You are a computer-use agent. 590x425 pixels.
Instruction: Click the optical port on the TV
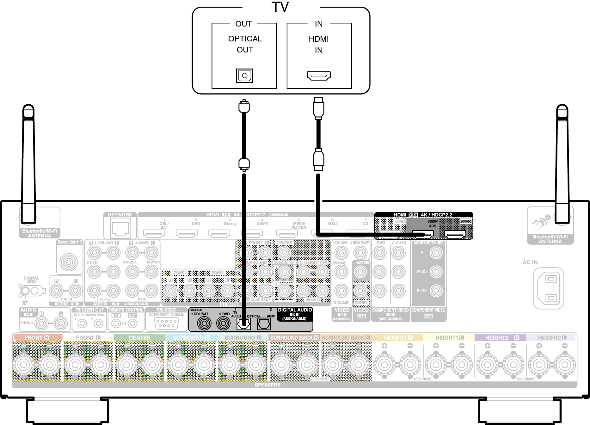click(244, 76)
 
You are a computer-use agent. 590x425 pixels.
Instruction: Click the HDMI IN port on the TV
click(319, 76)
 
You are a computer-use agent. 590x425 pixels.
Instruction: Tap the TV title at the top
click(280, 7)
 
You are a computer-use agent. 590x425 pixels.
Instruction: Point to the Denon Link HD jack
click(69, 262)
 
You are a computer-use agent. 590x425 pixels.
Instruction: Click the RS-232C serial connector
click(166, 323)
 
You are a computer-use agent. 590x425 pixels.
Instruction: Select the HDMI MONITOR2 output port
click(455, 234)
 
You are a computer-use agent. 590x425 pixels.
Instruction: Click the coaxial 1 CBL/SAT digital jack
click(204, 323)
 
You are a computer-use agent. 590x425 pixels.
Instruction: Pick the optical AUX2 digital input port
click(264, 323)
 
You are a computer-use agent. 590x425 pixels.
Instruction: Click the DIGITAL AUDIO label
click(295, 310)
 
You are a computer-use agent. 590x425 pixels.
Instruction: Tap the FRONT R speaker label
click(37, 338)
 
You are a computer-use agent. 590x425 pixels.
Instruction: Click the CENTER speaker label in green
click(139, 338)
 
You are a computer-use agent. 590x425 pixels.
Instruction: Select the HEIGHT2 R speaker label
click(502, 338)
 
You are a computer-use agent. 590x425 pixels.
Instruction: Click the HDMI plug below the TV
click(318, 108)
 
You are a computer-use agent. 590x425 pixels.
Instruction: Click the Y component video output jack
click(436, 253)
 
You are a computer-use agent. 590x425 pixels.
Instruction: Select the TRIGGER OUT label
click(89, 310)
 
